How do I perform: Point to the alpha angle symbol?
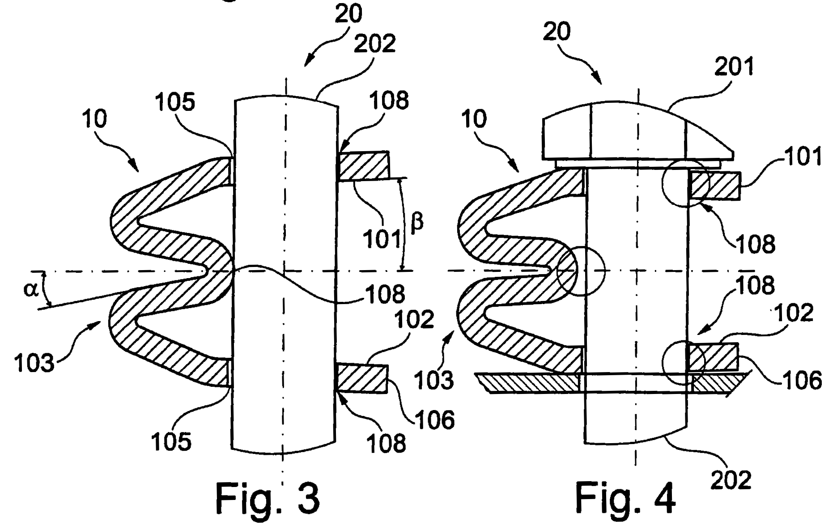[x=31, y=289]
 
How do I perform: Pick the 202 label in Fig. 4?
[x=731, y=479]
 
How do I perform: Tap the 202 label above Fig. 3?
[x=375, y=44]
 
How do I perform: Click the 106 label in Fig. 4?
[x=803, y=380]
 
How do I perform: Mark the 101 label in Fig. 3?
[x=382, y=239]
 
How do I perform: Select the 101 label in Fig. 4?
[x=803, y=157]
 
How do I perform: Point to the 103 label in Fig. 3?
[x=34, y=362]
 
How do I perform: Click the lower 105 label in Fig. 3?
[x=171, y=442]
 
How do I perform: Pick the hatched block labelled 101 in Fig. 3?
[x=363, y=166]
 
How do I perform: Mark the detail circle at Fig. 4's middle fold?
[x=581, y=271]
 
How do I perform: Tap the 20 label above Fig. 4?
[x=557, y=32]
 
